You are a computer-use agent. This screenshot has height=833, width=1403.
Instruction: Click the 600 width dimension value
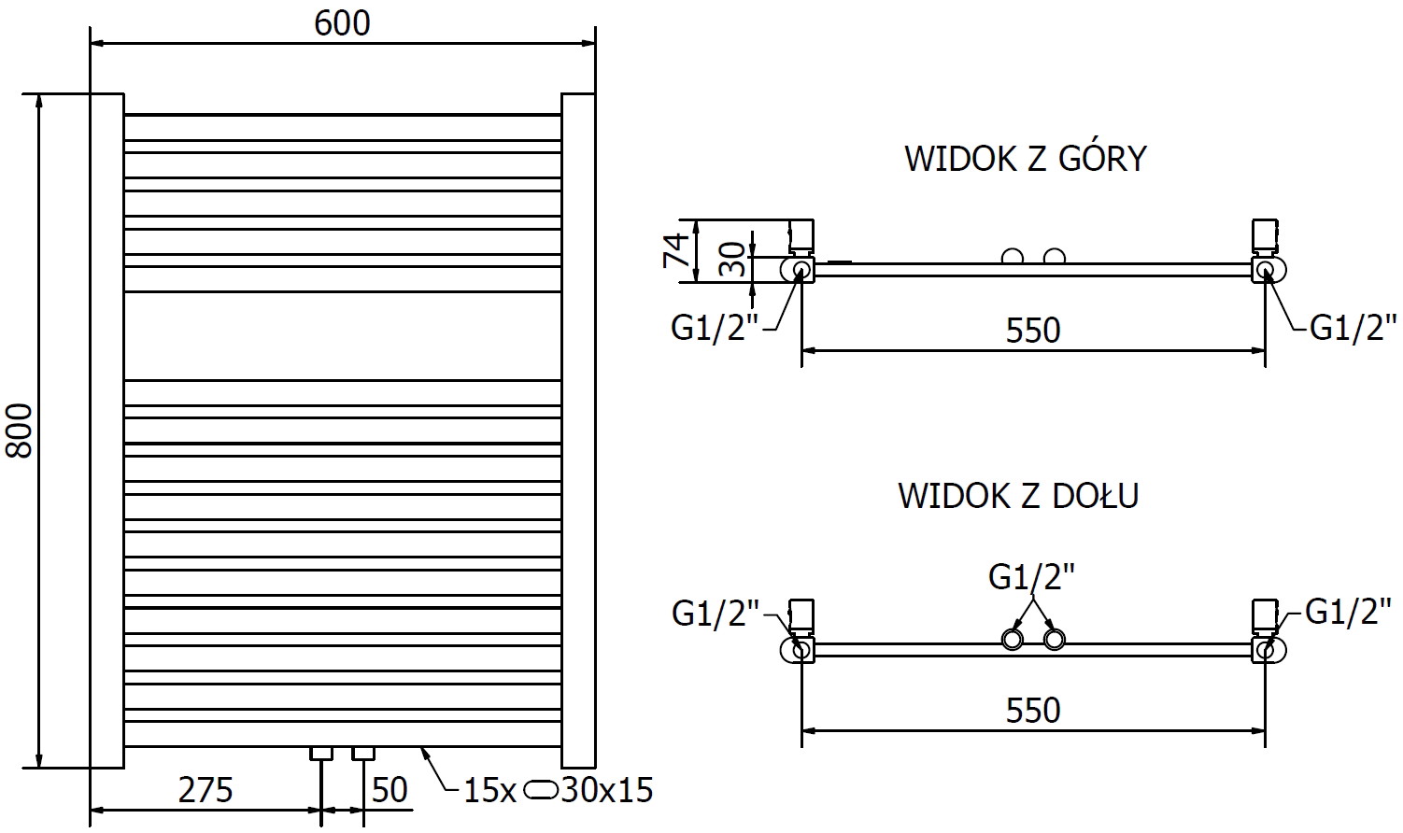[342, 22]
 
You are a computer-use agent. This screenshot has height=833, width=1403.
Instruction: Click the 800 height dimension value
[20, 431]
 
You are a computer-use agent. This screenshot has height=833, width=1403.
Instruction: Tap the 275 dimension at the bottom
[205, 790]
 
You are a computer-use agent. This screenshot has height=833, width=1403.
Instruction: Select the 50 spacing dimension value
[390, 790]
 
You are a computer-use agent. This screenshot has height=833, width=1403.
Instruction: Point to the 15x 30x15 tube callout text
[558, 791]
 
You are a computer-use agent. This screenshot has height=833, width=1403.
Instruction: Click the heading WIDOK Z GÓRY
[1025, 159]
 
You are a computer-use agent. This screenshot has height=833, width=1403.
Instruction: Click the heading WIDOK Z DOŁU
[1018, 495]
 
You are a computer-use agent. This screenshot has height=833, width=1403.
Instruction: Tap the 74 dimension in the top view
[677, 250]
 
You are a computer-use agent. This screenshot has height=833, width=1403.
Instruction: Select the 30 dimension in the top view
[736, 259]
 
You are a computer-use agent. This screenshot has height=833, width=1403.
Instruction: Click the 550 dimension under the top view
[1033, 330]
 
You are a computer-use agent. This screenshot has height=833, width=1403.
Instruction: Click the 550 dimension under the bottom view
[1033, 711]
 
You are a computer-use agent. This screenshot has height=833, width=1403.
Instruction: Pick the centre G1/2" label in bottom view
[1032, 576]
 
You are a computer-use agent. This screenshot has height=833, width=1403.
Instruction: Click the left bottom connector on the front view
[321, 753]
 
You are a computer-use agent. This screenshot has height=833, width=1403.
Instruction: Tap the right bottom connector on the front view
[363, 753]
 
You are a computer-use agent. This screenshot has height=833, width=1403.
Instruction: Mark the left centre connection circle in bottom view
[1012, 640]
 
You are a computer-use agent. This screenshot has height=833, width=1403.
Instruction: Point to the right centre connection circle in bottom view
[1055, 640]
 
